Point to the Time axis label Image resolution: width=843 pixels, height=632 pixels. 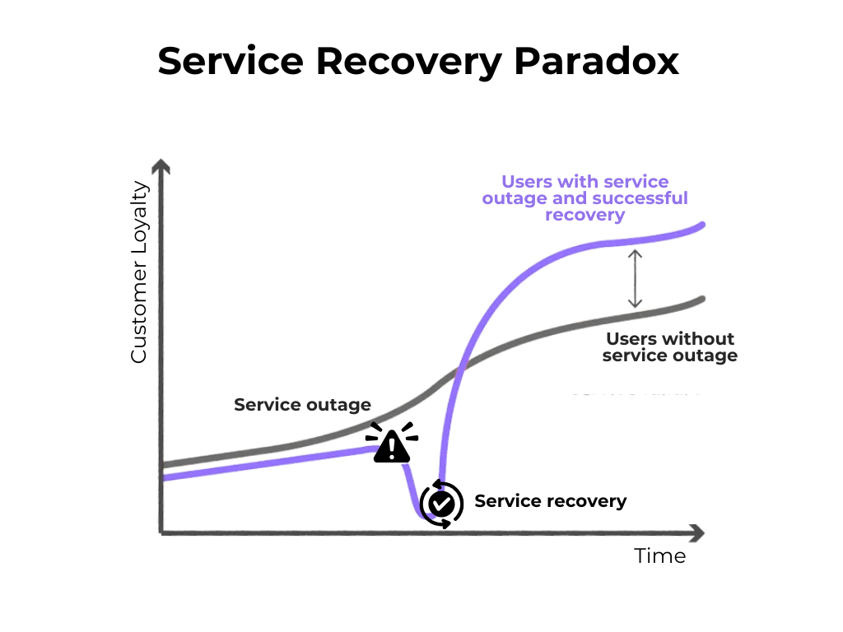[x=659, y=556]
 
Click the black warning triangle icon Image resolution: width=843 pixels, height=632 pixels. [x=392, y=444]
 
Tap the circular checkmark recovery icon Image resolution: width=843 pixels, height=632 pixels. [x=441, y=502]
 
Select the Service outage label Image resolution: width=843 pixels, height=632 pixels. [x=302, y=405]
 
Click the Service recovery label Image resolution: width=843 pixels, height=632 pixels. [x=550, y=501]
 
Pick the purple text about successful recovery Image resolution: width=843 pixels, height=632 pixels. [x=585, y=198]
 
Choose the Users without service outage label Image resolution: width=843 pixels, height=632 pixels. [x=669, y=347]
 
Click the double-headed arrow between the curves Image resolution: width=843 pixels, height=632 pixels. [x=635, y=279]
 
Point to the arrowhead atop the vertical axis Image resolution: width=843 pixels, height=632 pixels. [x=162, y=167]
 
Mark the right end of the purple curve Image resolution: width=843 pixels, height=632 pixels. [x=702, y=225]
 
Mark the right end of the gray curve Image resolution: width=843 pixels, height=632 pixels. [x=702, y=300]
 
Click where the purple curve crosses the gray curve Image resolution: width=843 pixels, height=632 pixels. [x=459, y=371]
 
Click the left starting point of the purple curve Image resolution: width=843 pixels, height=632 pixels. [x=164, y=478]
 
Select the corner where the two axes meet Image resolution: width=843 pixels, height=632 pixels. [x=163, y=532]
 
